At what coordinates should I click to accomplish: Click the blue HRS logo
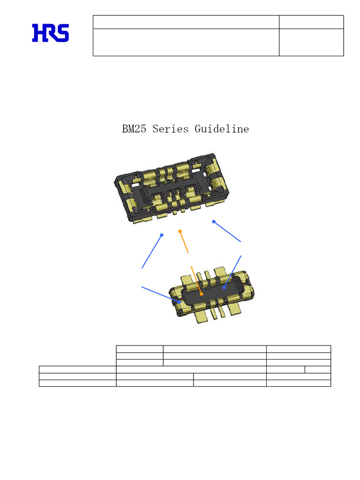[51, 33]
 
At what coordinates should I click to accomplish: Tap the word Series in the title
[171, 129]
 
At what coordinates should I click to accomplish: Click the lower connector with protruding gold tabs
[213, 295]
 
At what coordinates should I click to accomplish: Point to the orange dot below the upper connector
[180, 232]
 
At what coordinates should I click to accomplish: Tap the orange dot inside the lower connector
[201, 294]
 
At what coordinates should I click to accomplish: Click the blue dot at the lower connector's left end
[181, 302]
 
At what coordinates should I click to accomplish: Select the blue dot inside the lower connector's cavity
[225, 288]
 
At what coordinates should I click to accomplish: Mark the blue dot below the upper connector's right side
[213, 222]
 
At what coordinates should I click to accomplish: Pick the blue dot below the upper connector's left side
[162, 235]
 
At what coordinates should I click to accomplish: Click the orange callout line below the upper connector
[184, 242]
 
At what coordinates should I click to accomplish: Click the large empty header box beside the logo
[186, 42]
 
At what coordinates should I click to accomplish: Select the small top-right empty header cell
[311, 22]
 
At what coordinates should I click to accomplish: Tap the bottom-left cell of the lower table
[77, 383]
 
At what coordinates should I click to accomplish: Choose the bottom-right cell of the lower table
[298, 383]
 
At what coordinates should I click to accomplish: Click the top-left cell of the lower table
[139, 349]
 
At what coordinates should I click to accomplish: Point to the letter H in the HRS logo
[38, 33]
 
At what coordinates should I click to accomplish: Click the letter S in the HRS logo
[63, 33]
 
